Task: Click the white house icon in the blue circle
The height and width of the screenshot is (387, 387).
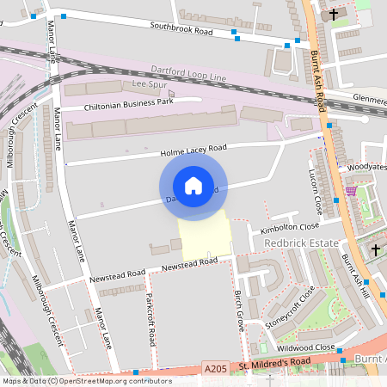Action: click(193, 185)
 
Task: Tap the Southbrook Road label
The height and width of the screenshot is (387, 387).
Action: click(181, 30)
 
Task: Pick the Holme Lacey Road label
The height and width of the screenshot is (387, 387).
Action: click(193, 150)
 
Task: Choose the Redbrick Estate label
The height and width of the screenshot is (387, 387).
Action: click(301, 244)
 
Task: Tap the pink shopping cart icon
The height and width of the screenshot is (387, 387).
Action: click(351, 191)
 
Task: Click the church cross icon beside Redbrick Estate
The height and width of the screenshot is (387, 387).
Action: click(376, 250)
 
